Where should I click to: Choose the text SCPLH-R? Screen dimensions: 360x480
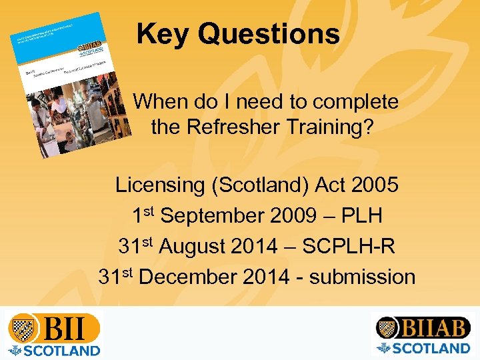349,246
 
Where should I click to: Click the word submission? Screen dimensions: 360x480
362,276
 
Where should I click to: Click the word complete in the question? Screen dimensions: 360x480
356,102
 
